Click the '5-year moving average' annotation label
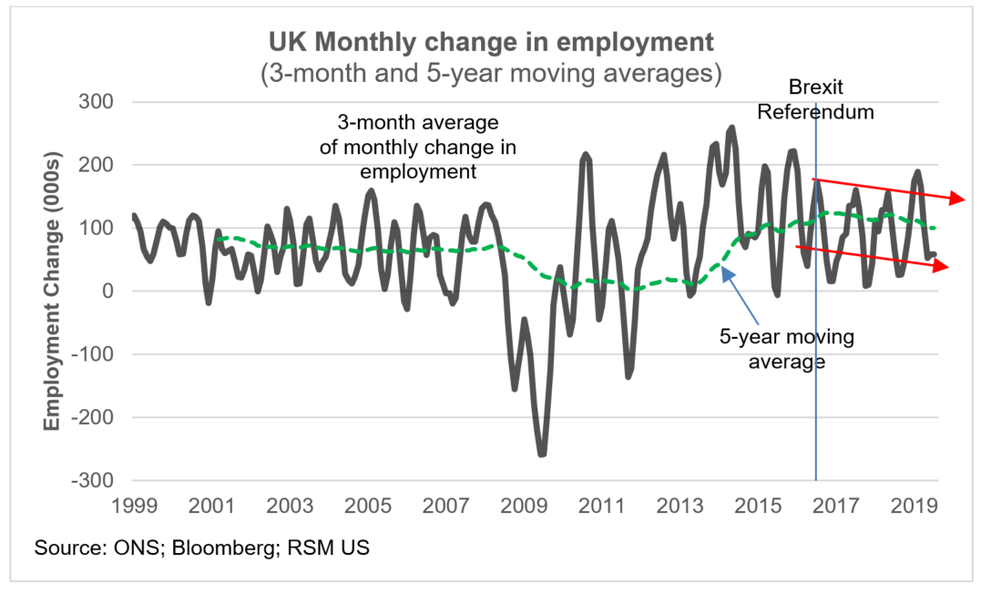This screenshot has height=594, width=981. coord(786,349)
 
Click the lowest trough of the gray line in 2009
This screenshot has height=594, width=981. coord(542,454)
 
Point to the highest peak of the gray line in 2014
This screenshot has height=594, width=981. coord(731,128)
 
